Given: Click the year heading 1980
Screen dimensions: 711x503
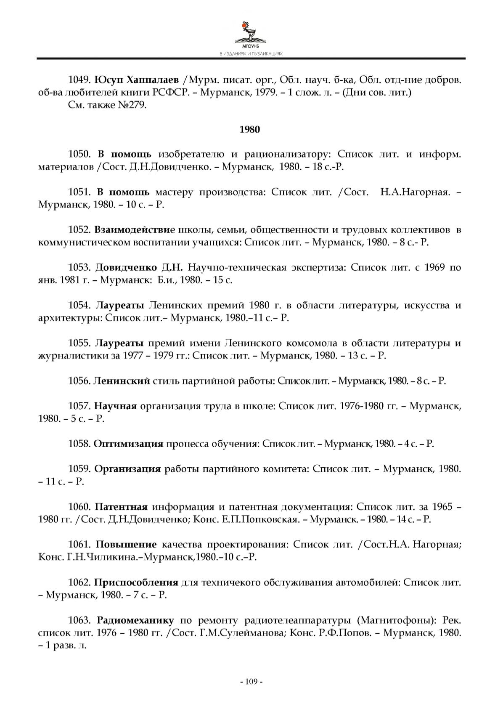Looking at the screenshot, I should [250, 129].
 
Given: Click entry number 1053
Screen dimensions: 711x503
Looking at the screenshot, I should [79, 268].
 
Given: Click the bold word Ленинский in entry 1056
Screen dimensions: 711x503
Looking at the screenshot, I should [122, 381].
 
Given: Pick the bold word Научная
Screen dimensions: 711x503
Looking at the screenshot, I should [116, 406].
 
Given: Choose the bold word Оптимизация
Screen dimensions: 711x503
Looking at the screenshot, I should [128, 444].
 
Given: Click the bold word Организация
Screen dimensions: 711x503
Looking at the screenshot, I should [127, 469].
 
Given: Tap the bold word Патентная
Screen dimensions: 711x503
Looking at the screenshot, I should [121, 507].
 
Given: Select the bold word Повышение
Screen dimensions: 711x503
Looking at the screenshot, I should [126, 545].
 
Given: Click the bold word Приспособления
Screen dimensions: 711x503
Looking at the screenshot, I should [136, 582].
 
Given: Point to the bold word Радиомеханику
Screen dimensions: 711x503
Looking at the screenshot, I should [135, 620].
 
